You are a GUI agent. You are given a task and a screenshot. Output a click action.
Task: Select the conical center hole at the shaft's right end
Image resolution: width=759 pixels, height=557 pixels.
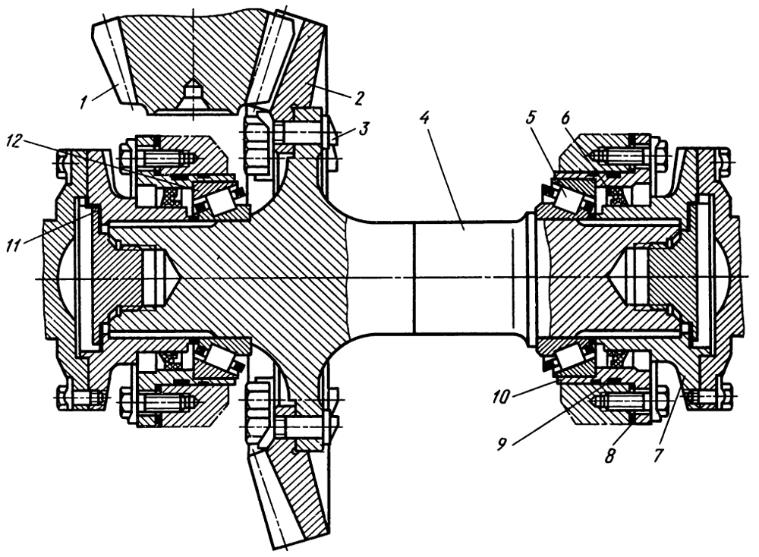tap(630, 277)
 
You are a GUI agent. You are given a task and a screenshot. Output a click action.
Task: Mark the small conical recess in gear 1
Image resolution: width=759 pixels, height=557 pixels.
tap(194, 96)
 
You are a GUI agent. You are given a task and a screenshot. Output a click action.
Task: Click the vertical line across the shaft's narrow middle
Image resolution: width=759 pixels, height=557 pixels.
tap(414, 278)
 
